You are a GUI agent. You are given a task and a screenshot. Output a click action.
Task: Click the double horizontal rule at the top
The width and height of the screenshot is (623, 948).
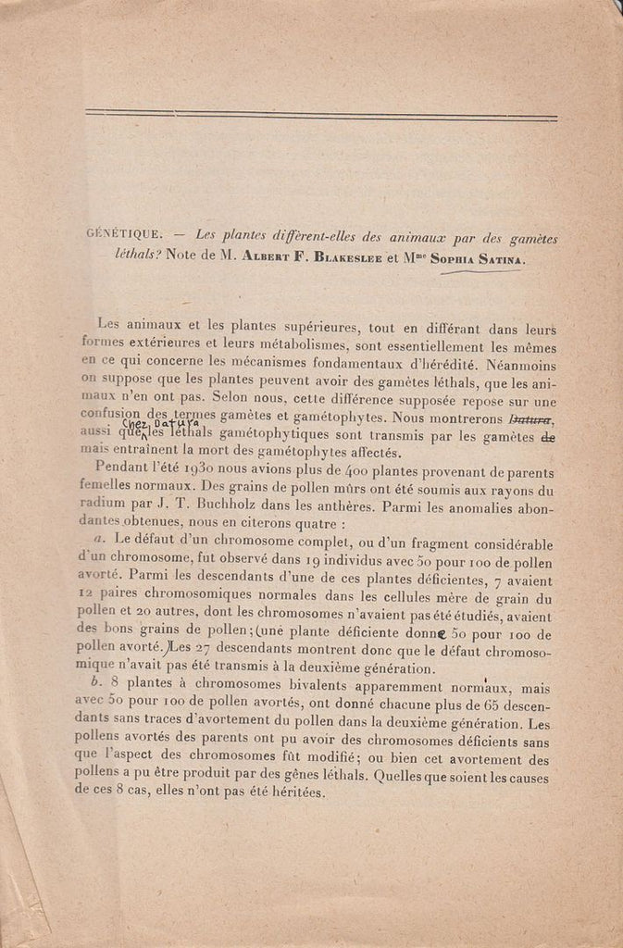pyautogui.click(x=320, y=116)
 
